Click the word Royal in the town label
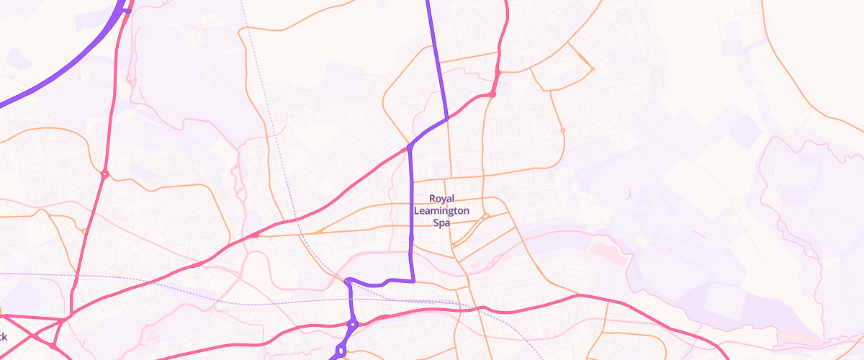[441, 198]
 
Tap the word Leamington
[441, 210]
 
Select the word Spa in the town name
[441, 222]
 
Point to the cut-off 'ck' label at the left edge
[3, 336]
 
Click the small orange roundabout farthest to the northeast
[593, 68]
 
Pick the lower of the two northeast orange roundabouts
[562, 130]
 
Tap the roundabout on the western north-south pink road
[105, 174]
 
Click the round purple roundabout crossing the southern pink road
[353, 325]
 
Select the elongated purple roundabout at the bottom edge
[341, 351]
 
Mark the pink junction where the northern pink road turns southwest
[493, 94]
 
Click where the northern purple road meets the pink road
[447, 117]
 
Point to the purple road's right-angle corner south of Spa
[413, 281]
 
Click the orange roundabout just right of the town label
[486, 215]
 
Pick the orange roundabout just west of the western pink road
[85, 231]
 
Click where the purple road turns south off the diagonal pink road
[409, 148]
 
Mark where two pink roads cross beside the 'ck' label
[34, 336]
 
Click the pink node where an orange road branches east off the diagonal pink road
[255, 235]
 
